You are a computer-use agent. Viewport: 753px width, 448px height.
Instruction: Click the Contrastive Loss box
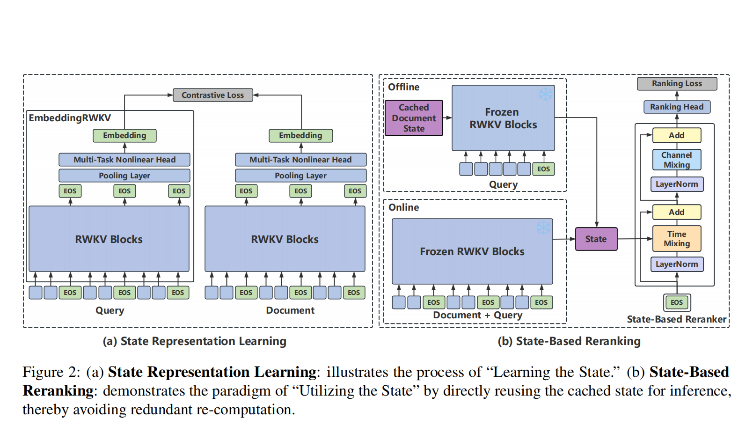coord(213,95)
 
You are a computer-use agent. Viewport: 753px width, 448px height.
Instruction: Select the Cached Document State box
coord(414,118)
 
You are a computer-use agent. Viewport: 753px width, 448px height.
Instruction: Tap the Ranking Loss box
coord(677,83)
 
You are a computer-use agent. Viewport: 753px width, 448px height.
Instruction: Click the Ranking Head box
coord(677,107)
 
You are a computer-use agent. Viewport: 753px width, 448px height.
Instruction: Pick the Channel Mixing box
coord(677,160)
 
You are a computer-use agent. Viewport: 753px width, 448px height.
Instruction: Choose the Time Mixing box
coord(677,239)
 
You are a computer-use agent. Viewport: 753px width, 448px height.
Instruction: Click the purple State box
coord(596,239)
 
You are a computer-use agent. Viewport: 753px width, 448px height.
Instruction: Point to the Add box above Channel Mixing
coord(677,135)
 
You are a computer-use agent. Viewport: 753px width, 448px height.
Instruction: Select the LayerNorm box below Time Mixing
coord(677,264)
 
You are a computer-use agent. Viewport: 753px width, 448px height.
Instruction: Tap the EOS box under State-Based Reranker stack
coord(677,302)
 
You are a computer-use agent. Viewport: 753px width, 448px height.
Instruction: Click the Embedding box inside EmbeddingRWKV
coord(124,136)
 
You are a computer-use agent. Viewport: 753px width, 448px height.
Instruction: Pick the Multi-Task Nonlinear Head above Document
coord(300,160)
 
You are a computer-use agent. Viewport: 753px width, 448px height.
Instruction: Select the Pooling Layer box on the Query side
coord(124,176)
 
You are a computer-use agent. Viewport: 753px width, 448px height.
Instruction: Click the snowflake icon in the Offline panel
coord(545,94)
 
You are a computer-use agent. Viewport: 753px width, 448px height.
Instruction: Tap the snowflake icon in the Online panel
coord(543,228)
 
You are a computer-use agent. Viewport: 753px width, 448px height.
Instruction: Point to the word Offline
coord(404,87)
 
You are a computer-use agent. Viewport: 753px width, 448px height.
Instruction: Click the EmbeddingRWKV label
coord(70,118)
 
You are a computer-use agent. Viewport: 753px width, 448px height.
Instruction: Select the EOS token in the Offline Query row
coord(543,169)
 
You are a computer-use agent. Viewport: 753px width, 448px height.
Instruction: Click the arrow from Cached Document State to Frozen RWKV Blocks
coord(447,118)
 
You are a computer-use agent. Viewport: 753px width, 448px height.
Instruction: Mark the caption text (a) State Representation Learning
coord(195,341)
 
